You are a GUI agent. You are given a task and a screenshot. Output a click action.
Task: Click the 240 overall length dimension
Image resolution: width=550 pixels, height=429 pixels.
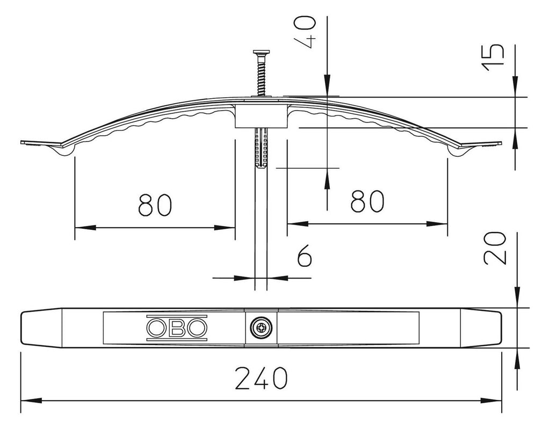click(x=261, y=378)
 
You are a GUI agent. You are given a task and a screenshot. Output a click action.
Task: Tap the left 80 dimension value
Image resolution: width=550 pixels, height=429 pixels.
click(x=155, y=205)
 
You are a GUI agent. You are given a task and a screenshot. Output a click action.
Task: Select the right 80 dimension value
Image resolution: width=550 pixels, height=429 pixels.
click(x=367, y=201)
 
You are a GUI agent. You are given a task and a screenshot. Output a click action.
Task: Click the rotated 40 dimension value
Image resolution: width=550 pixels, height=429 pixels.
click(x=305, y=31)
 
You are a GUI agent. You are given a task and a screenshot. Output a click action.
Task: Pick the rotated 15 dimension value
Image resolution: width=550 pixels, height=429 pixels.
click(x=493, y=57)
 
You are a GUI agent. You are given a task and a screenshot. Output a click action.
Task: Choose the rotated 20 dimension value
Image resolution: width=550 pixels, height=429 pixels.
click(x=495, y=248)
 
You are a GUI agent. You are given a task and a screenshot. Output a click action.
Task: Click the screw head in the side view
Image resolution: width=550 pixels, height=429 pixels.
click(x=262, y=53)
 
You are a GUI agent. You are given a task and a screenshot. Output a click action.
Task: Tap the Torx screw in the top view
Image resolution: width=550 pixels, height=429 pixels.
click(x=261, y=328)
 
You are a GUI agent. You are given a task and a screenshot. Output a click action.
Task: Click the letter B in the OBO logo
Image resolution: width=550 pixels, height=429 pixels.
click(x=177, y=328)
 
